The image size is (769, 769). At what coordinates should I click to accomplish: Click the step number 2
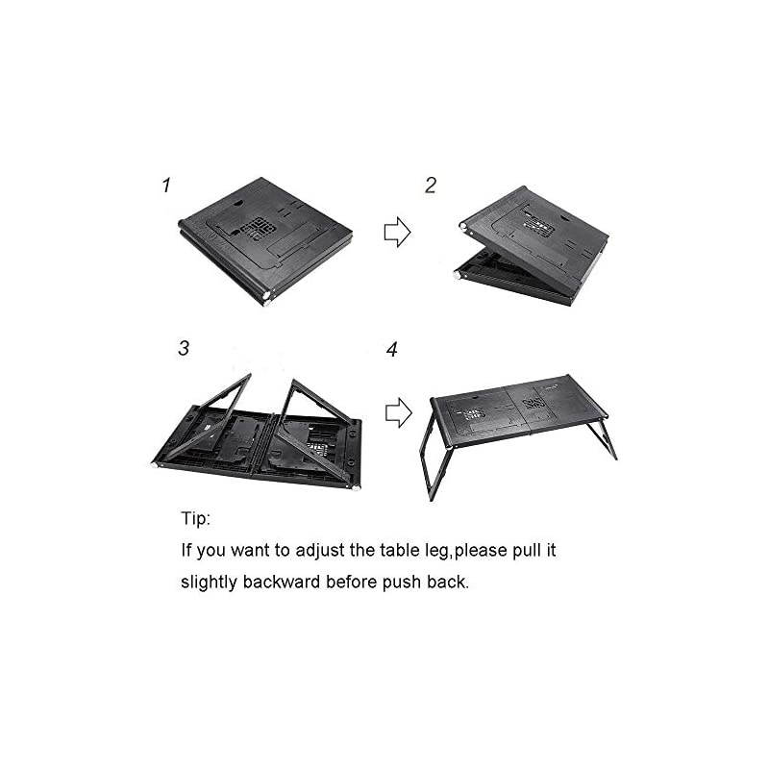click(431, 185)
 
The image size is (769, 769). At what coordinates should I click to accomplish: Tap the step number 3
click(183, 348)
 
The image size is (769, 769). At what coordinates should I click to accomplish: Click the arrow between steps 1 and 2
click(397, 232)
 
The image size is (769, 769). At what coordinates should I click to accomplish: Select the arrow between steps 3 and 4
click(397, 414)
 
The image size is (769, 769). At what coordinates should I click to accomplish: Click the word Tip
click(195, 518)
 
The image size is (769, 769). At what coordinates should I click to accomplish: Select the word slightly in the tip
click(211, 583)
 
